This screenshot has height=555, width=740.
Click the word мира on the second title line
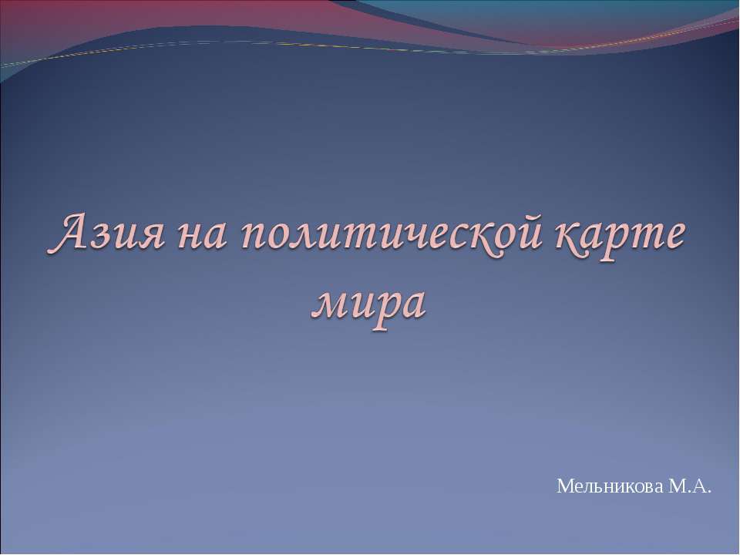coord(368,301)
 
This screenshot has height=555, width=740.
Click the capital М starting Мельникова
coord(563,486)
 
